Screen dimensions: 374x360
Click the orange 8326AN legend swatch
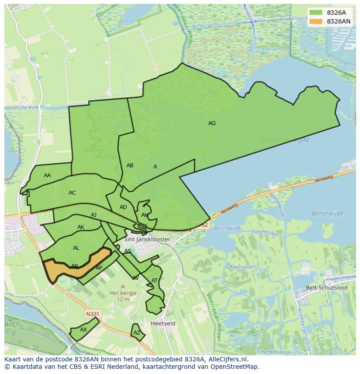point(316,21)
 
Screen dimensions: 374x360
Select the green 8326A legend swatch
point(316,13)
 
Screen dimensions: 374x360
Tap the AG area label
point(212,123)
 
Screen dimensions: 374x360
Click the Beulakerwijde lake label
point(285,139)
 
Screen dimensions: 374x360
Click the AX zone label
point(83,330)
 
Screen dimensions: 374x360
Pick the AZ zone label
point(137,333)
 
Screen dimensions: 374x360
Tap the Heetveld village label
point(163,324)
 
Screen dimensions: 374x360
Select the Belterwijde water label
point(327,213)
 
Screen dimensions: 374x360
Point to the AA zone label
point(47,175)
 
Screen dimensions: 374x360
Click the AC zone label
point(72,193)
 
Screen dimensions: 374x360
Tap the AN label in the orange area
point(74,266)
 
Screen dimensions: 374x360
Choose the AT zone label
point(154,281)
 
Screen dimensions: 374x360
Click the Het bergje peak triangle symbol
point(123,286)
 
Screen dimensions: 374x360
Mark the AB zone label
point(130,165)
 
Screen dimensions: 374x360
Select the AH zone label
point(145,215)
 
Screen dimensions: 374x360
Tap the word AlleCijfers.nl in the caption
point(227,359)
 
